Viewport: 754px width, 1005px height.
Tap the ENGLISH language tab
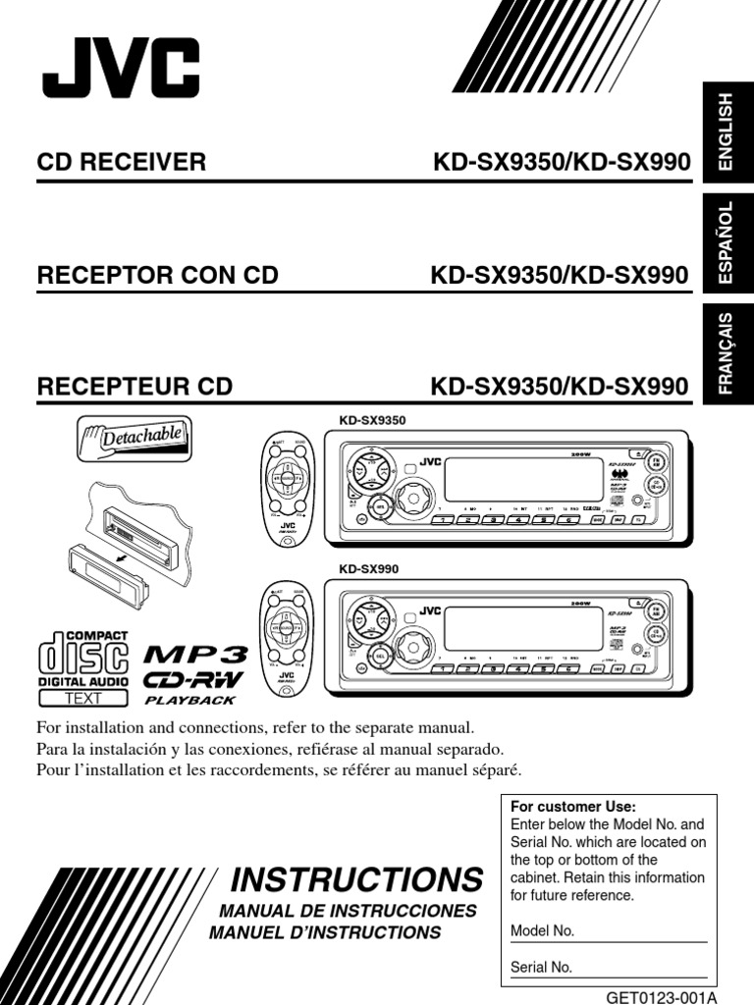(726, 133)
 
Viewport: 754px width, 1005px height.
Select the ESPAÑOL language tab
(726, 245)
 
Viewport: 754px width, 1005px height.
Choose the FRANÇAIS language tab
(726, 354)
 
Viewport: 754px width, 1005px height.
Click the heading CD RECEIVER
(122, 162)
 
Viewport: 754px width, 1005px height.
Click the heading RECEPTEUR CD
(135, 387)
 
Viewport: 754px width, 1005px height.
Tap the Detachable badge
(135, 439)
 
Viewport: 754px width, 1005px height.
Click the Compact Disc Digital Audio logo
(83, 665)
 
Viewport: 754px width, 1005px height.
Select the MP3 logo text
(195, 655)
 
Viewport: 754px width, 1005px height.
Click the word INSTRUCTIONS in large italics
(356, 877)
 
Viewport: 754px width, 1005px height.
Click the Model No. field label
(543, 931)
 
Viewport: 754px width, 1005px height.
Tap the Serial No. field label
(542, 967)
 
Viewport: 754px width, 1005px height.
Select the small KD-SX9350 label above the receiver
(372, 420)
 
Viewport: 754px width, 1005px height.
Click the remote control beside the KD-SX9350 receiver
(288, 485)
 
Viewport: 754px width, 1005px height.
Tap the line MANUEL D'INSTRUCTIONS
(326, 932)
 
